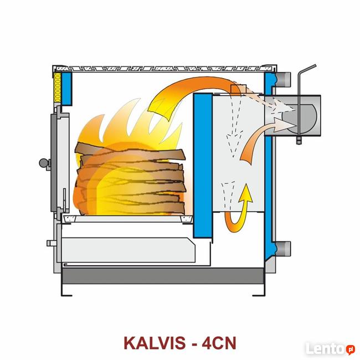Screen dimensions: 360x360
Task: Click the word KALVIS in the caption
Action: (155, 343)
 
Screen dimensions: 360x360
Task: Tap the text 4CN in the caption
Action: (219, 343)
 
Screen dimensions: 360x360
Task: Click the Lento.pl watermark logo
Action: (330, 348)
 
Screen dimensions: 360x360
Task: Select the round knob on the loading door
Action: (44, 163)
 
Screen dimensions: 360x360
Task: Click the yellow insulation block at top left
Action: (57, 88)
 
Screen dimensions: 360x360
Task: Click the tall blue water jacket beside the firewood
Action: (203, 165)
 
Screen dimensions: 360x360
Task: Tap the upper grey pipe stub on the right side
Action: (284, 79)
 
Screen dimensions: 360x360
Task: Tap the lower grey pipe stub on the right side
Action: (284, 249)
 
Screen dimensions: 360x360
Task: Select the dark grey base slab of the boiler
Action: (163, 275)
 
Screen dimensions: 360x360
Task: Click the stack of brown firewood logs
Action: (131, 179)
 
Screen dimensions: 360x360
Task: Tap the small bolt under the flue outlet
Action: (299, 140)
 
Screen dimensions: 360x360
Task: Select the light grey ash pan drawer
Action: (128, 250)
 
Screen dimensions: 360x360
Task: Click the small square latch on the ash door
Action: (51, 243)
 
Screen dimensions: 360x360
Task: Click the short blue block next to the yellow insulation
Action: (66, 89)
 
